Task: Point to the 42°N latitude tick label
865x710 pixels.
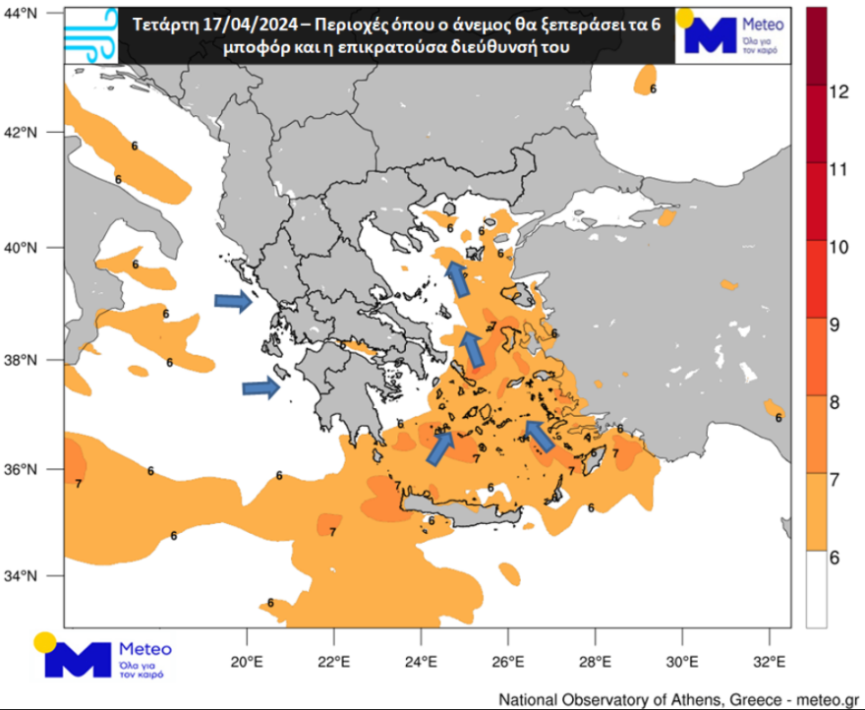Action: (22, 132)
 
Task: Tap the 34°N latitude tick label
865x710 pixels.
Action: (22, 575)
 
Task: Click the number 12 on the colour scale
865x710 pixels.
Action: (837, 92)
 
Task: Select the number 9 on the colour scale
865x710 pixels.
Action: (837, 325)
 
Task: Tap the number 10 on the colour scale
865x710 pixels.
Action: (837, 247)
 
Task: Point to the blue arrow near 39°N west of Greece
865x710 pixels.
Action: (233, 301)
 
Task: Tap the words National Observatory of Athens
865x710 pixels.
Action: (609, 699)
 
